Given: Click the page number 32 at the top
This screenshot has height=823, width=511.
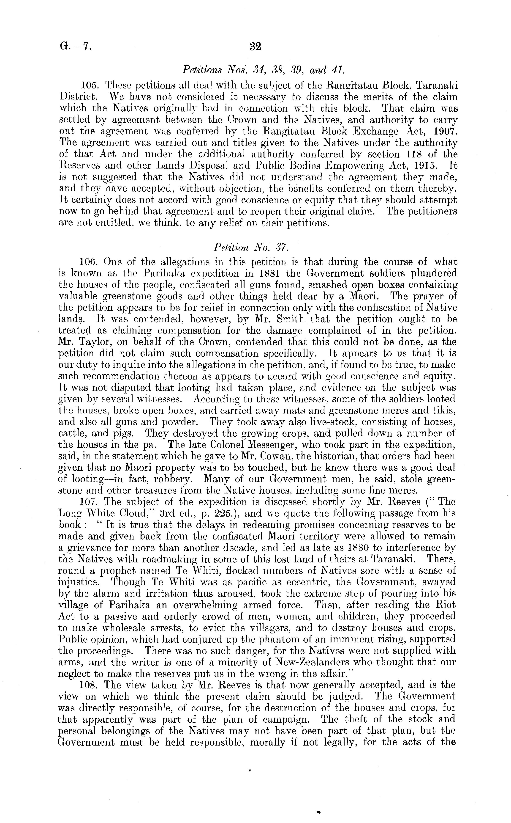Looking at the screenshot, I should click(x=255, y=46).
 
